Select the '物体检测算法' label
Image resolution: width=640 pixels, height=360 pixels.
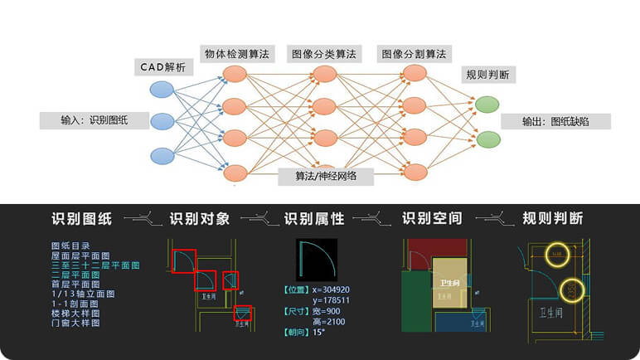236,54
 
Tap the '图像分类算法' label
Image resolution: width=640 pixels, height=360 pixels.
324,54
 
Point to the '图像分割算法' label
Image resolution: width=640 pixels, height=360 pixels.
413,54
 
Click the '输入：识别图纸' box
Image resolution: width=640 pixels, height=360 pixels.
95,120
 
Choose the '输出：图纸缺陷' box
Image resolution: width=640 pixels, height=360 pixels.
555,121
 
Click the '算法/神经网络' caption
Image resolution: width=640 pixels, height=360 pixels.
324,176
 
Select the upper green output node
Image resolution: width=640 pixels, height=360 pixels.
487,104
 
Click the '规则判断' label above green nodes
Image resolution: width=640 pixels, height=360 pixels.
487,75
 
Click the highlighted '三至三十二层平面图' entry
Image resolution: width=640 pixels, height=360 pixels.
95,265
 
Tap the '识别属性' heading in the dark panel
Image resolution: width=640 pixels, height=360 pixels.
314,219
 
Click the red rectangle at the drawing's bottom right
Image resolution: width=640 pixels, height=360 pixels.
242,314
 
